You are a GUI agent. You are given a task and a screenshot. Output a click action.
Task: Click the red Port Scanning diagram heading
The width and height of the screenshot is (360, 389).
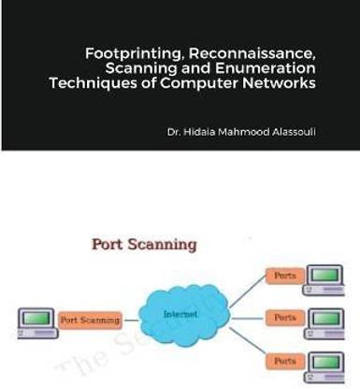pyautogui.click(x=143, y=245)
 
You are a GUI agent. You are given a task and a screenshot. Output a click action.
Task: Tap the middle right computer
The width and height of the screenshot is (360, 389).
pyautogui.click(x=329, y=319)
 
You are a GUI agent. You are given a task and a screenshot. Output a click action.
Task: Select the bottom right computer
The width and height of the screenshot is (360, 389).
pyautogui.click(x=329, y=362)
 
